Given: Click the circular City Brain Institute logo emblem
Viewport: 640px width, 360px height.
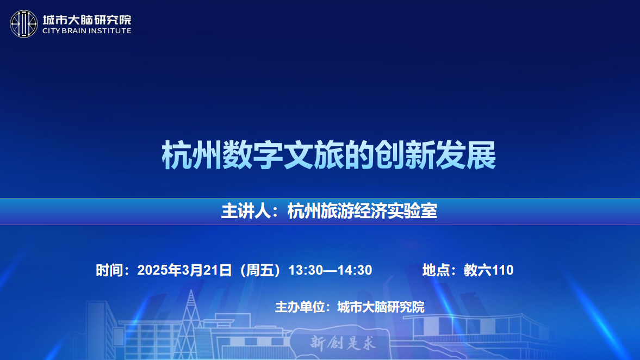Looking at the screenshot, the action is pyautogui.click(x=24, y=24).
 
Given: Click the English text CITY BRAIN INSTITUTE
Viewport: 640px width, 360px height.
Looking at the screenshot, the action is pyautogui.click(x=87, y=30).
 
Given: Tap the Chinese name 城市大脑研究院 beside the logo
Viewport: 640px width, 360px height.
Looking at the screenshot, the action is pyautogui.click(x=87, y=20).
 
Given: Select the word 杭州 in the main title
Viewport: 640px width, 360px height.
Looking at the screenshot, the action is pyautogui.click(x=192, y=155).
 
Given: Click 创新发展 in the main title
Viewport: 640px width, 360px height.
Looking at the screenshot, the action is pyautogui.click(x=436, y=155).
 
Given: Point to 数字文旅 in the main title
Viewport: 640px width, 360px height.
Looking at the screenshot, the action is pyautogui.click(x=283, y=155).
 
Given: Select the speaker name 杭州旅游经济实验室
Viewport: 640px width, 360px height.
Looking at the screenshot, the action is pyautogui.click(x=362, y=211).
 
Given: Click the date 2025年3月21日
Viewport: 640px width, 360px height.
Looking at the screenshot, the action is pyautogui.click(x=184, y=270).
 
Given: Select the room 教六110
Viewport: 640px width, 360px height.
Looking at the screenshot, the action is pyautogui.click(x=489, y=270).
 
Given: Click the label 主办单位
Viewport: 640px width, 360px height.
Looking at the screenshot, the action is pyautogui.click(x=300, y=307).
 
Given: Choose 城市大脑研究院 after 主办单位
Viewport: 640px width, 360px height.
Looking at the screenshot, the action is pyautogui.click(x=381, y=307).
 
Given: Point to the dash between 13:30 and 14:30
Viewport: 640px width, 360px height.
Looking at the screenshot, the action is pyautogui.click(x=330, y=270).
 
